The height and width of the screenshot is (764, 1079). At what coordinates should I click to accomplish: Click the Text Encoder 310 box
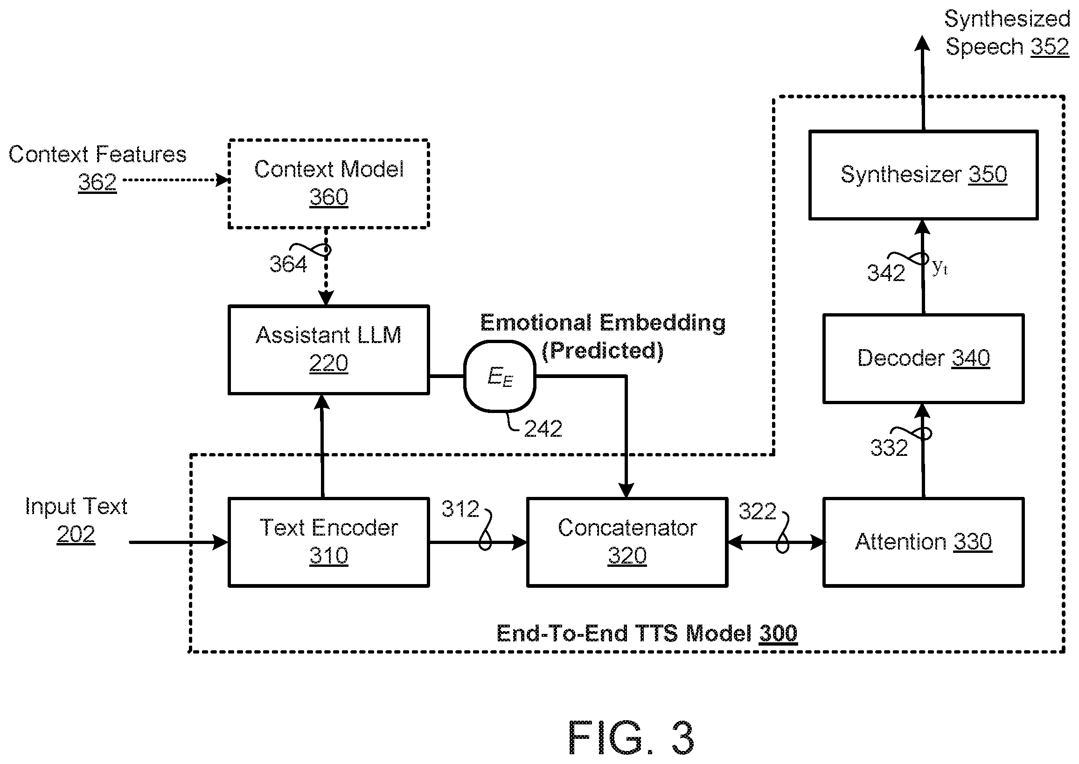pos(328,542)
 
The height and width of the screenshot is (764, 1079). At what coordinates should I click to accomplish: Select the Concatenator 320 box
pos(627,542)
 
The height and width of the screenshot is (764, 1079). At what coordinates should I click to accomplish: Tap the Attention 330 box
pos(923,542)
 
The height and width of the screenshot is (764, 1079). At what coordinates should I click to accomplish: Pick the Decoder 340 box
pos(923,358)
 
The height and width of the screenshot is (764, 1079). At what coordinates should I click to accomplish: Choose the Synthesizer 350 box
pos(923,175)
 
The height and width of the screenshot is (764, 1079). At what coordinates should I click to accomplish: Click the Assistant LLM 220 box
pos(328,350)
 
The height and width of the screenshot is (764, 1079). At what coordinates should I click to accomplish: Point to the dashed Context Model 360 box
pos(328,184)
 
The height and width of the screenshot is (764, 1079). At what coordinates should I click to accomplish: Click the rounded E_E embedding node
pos(500,376)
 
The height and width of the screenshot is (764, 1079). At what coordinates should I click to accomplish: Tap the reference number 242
pos(543,428)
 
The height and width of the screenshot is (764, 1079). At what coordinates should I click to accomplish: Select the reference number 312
pos(460,509)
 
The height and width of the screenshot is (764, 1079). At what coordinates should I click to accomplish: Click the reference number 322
pos(757,511)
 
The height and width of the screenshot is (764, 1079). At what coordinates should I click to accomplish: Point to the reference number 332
pos(889,447)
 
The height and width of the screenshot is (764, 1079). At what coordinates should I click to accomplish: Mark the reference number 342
pos(886,273)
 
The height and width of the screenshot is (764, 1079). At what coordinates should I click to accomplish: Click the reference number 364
pos(288,264)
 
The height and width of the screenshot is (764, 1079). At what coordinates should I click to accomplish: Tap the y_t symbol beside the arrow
pos(940,267)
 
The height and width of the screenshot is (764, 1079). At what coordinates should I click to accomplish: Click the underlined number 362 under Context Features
pos(97,183)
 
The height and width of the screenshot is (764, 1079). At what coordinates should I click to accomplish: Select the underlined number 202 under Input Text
pos(76,534)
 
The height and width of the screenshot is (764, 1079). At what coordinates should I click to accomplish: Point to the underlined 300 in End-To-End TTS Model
pos(778,633)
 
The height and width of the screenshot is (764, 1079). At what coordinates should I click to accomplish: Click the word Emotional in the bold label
pos(536,323)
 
